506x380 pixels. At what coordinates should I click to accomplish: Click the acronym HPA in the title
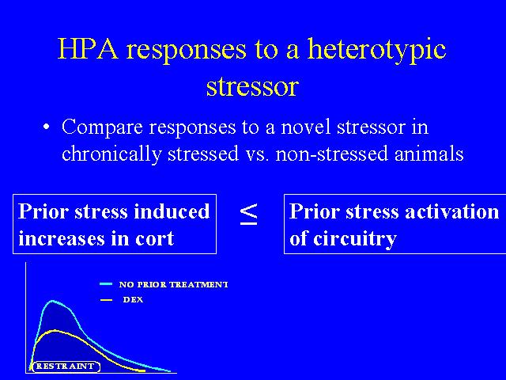(88, 49)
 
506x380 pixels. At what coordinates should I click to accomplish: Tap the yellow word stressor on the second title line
(252, 87)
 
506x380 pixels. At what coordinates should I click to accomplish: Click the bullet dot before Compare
(47, 127)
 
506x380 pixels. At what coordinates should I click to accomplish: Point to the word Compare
(102, 128)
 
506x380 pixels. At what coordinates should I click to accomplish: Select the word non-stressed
(332, 154)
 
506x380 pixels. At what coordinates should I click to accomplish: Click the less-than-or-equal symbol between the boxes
(249, 214)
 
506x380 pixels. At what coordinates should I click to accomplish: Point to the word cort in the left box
(155, 239)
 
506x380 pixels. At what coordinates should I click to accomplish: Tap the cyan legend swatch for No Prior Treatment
(106, 284)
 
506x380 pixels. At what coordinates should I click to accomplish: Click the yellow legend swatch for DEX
(106, 300)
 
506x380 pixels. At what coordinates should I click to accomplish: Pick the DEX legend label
(133, 300)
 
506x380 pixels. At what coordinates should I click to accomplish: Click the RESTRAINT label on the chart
(65, 366)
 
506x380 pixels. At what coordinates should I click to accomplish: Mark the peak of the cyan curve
(53, 301)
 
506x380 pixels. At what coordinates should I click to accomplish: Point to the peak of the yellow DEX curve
(55, 331)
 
